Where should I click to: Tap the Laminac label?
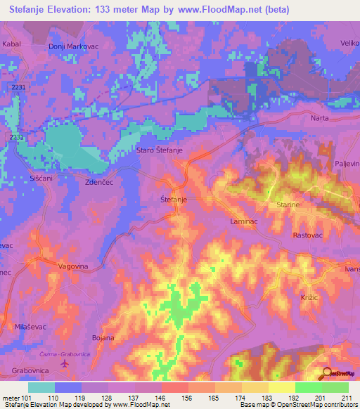[244, 221]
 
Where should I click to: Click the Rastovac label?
[307, 235]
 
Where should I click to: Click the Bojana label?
[103, 338]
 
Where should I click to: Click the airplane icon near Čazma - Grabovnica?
[65, 364]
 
